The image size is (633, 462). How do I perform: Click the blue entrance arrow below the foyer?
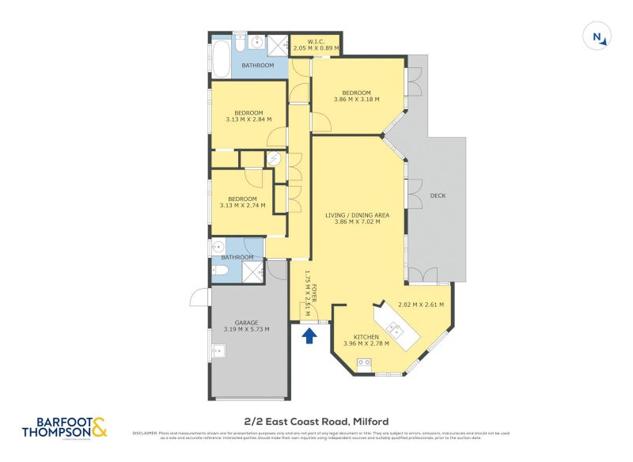pyautogui.click(x=309, y=336)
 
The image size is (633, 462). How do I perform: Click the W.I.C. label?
pyautogui.click(x=315, y=40)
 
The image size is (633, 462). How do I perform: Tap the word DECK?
pyautogui.click(x=438, y=195)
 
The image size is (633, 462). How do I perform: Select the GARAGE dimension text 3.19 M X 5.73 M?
pyautogui.click(x=246, y=329)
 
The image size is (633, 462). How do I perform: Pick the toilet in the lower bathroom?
pyautogui.click(x=220, y=271)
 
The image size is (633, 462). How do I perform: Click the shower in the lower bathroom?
pyautogui.click(x=252, y=271)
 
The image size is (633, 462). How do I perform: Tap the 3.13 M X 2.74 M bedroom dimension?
pyautogui.click(x=243, y=206)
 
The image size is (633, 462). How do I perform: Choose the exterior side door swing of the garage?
pyautogui.click(x=199, y=297)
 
